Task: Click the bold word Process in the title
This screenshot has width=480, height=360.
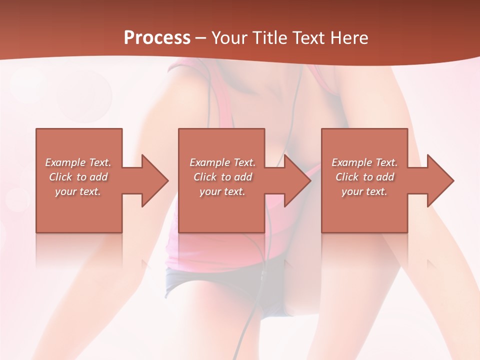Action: (x=157, y=38)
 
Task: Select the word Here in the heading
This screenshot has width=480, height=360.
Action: (x=348, y=38)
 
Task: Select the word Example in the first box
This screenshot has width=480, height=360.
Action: (x=65, y=162)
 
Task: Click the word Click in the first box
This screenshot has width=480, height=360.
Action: (x=60, y=177)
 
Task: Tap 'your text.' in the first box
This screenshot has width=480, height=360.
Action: (x=78, y=191)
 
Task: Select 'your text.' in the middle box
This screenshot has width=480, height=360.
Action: (x=222, y=191)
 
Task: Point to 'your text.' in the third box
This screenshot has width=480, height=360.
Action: (x=364, y=191)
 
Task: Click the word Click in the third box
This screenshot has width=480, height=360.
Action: (x=347, y=177)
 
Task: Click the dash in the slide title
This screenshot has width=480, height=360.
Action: (x=200, y=38)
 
